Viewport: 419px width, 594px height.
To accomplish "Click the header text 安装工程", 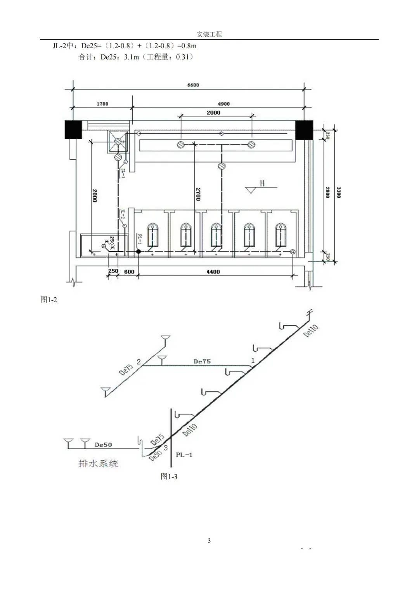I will click(209, 34).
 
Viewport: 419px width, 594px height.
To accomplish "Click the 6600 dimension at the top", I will click(193, 85).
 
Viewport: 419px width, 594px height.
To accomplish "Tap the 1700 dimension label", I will click(102, 104).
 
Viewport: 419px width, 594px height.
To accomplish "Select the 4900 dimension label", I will click(223, 104).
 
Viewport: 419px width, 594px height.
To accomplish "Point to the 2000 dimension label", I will click(213, 113).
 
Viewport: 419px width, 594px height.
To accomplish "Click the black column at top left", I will click(73, 129).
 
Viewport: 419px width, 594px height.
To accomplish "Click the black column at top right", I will click(304, 129).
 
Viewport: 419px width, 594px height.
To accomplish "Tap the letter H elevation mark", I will click(262, 183).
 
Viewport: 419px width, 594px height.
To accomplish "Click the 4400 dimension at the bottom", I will click(213, 272).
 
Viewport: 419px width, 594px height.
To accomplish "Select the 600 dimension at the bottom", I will click(129, 272).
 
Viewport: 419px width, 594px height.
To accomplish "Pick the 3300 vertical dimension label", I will click(339, 193).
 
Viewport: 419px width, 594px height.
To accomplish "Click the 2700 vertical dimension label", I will click(198, 194).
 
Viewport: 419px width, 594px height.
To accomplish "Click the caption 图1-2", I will click(49, 300).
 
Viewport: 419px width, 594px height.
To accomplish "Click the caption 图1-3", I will click(169, 476).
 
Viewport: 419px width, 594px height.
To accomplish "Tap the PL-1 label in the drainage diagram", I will click(184, 455).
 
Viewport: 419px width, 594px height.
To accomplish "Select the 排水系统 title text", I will click(98, 463).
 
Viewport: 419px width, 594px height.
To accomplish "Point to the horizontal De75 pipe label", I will click(202, 361).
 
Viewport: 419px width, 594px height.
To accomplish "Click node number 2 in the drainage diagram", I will click(139, 362).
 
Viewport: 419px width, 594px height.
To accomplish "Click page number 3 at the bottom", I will click(209, 540).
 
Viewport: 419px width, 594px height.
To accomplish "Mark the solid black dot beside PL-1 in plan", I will click(138, 252).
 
